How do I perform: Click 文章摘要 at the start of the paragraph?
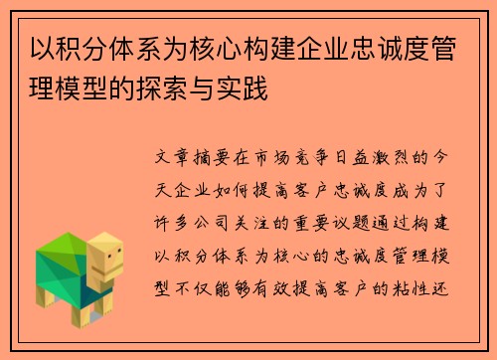click(x=197, y=159)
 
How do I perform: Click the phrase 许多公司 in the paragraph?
click(x=196, y=215)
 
